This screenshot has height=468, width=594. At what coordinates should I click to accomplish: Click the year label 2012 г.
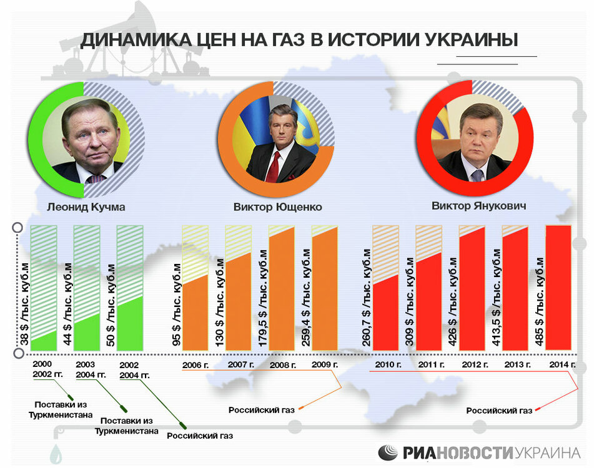pos(472,364)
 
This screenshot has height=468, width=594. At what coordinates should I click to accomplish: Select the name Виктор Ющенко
pos(277,207)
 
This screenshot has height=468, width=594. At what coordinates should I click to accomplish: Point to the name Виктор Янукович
pos(478,205)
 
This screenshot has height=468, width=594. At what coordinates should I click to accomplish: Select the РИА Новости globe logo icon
pos(388,452)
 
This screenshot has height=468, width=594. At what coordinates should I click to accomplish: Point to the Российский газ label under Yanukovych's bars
pos(499,411)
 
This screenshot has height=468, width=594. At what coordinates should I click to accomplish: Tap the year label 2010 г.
pos(386,364)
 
